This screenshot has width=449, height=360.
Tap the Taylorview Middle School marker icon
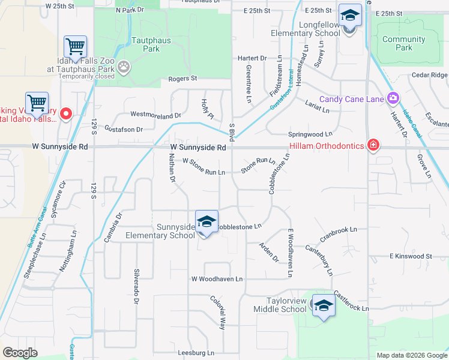pyautogui.click(x=324, y=306)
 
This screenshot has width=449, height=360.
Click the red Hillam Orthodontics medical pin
pyautogui.click(x=373, y=146)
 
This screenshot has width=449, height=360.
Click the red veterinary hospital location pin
pyautogui.click(x=66, y=113)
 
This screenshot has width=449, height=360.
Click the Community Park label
pyautogui.click(x=403, y=43)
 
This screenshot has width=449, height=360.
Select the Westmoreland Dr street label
pyautogui.click(x=155, y=115)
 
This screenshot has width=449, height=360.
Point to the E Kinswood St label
pyautogui.click(x=411, y=256)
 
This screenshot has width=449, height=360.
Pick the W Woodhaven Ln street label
pyautogui.click(x=217, y=279)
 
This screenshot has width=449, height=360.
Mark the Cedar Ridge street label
pyautogui.click(x=429, y=75)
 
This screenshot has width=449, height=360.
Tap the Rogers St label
pyautogui.click(x=182, y=79)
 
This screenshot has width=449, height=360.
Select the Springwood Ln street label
pyautogui.click(x=310, y=134)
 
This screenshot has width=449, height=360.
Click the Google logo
pyautogui.click(x=20, y=353)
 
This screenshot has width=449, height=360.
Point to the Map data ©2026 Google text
pyautogui.click(x=411, y=355)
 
